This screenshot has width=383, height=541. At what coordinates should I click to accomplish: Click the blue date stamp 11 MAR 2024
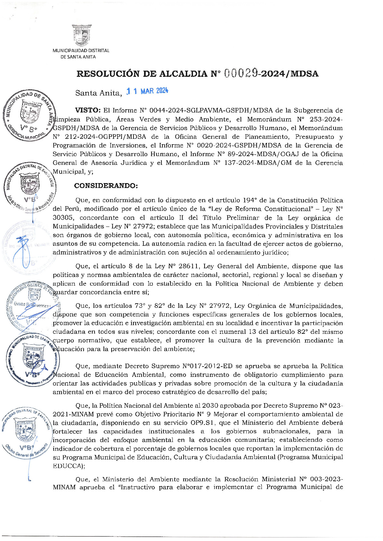[147, 91]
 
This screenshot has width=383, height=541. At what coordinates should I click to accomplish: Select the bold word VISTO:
[88, 110]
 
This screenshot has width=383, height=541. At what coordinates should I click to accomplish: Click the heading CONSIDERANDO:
[106, 186]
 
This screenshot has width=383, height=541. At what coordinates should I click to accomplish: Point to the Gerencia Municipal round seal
[29, 115]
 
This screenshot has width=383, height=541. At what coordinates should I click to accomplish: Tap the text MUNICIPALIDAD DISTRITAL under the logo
[81, 50]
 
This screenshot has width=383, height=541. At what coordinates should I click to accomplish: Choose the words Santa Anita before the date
[98, 93]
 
